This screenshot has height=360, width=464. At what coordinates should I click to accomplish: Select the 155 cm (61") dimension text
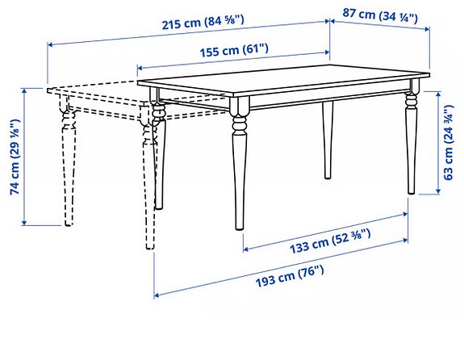click(234, 50)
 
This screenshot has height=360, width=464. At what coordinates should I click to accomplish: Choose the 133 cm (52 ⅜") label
click(330, 237)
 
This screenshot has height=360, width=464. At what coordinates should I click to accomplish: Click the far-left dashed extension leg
click(65, 161)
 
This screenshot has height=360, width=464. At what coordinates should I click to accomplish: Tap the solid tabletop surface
click(282, 81)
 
